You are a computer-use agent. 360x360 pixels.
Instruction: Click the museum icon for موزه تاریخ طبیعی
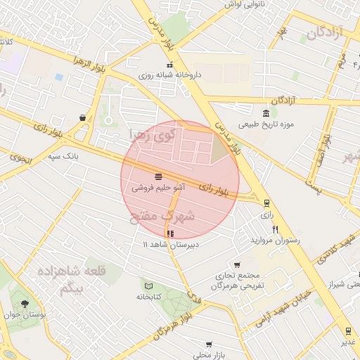coord(265,115)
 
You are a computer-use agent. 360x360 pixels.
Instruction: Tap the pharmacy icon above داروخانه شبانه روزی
coord(168,65)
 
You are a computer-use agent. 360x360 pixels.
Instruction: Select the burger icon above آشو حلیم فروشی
coord(159,176)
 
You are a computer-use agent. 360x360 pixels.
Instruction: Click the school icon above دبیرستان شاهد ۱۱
coord(169,233)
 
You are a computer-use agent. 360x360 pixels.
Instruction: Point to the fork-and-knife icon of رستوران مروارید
coord(275,229)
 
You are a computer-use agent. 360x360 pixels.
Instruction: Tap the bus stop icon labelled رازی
coord(266,203)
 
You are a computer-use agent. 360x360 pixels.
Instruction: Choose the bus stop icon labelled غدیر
coord(347,330)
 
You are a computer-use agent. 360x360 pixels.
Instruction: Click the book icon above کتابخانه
coord(148,285)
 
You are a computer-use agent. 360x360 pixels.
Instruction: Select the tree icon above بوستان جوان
coord(25,304)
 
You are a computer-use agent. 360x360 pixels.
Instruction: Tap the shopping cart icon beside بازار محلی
coord(209,345)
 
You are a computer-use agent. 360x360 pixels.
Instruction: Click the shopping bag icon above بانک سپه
coord(84,118)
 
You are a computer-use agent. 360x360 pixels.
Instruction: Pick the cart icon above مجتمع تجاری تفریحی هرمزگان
coord(238,265)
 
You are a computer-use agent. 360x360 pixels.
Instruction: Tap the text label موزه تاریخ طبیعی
coord(266,126)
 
